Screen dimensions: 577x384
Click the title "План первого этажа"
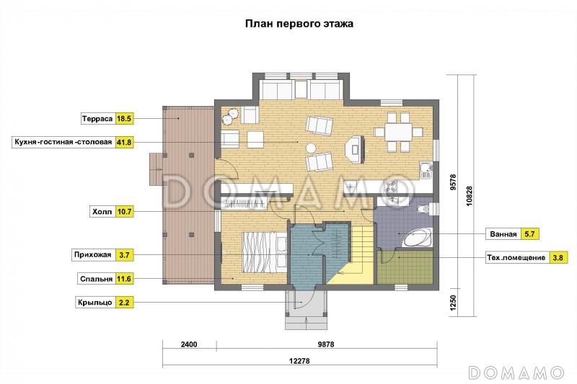(x=299, y=24)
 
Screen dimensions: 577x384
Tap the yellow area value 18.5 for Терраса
(x=124, y=119)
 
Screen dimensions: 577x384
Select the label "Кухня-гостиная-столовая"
(x=63, y=142)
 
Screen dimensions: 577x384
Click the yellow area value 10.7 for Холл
(x=124, y=212)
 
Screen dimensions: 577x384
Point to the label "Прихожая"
(x=93, y=254)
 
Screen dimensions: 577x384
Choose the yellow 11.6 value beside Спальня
(x=124, y=279)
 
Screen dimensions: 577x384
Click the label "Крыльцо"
(x=95, y=303)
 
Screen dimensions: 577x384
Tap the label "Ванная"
(x=503, y=234)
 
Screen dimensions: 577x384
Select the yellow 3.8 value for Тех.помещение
(x=558, y=258)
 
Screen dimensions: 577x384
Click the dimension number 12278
(x=299, y=361)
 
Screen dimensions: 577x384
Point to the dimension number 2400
(x=189, y=344)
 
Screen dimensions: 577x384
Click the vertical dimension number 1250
(x=453, y=303)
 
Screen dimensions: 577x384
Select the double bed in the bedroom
(x=264, y=252)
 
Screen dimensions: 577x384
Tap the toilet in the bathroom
(x=425, y=209)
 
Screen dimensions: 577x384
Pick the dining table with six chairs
(x=398, y=132)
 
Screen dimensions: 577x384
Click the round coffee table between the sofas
(x=312, y=148)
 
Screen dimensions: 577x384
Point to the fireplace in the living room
(x=355, y=149)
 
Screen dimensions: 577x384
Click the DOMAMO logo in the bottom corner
(x=516, y=372)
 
